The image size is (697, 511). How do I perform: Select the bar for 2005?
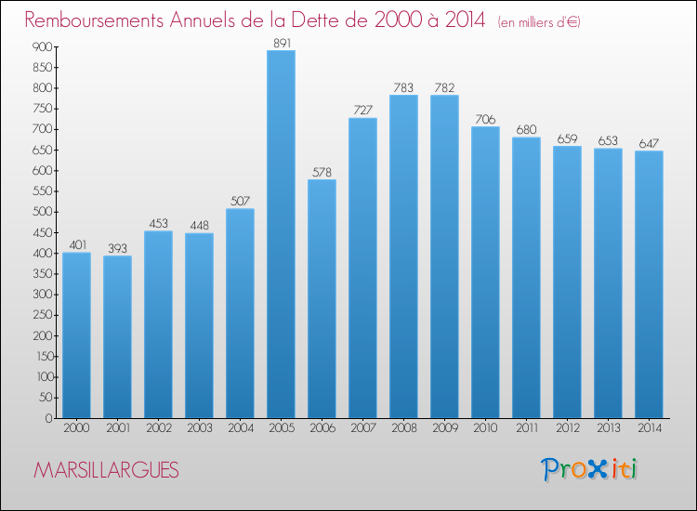(281, 234)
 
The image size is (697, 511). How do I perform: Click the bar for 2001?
(117, 337)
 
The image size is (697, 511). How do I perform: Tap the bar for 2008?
(403, 256)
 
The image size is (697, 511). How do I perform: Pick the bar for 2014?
(649, 284)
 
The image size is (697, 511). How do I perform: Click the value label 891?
(282, 43)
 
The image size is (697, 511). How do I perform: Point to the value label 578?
(322, 172)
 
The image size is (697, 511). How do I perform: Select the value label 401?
(78, 245)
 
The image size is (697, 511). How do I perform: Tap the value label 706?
(485, 119)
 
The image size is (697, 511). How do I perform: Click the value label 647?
(649, 143)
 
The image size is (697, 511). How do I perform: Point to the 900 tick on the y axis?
(42, 46)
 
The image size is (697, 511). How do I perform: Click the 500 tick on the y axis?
(42, 212)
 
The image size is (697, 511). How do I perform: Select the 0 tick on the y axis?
(49, 418)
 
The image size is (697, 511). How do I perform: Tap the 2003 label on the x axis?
(200, 428)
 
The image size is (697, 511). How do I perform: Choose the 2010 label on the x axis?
(485, 428)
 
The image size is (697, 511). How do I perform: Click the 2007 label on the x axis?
(363, 428)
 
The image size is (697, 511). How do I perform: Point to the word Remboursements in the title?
(94, 20)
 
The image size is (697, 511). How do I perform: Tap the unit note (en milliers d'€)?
(539, 22)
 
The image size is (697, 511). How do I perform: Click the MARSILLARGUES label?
(106, 470)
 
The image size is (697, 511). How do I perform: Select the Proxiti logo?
(589, 469)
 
